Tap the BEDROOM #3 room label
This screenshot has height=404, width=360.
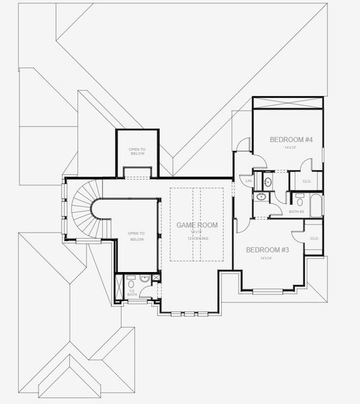[x=267, y=250]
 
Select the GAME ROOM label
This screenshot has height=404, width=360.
[x=196, y=224]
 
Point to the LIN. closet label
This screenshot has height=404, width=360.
[x=249, y=181]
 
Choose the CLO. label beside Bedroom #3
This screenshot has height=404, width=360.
[x=314, y=238]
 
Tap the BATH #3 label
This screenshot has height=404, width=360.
[x=297, y=211]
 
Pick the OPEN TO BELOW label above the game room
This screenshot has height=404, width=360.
[x=137, y=151]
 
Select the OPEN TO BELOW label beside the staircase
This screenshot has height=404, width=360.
[x=137, y=237]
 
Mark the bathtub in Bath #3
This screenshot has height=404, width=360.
[x=313, y=201]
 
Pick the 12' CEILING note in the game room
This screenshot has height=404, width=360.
[x=196, y=239]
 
